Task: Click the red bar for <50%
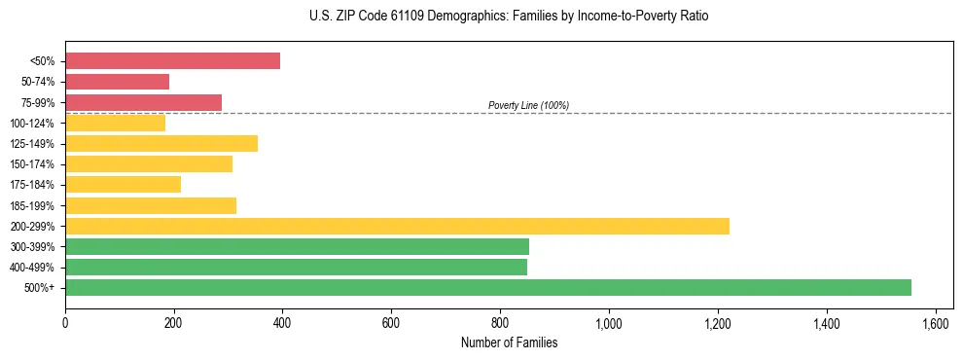(x=172, y=61)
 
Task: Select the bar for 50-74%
(x=117, y=82)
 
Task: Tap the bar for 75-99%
(x=143, y=102)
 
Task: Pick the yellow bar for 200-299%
(x=397, y=226)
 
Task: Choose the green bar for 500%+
(x=487, y=287)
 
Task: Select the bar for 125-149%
(x=161, y=143)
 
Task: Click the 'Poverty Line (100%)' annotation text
(x=528, y=105)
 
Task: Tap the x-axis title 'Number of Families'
(x=508, y=342)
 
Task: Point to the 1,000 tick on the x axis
(x=609, y=323)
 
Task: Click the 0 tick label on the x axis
(x=65, y=323)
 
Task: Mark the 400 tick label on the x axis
(x=283, y=323)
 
